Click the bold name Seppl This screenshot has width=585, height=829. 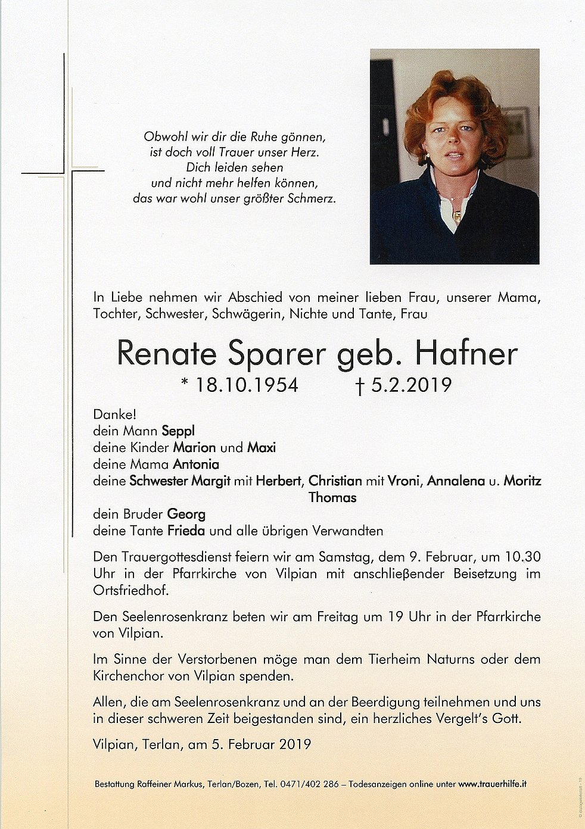pyautogui.click(x=182, y=431)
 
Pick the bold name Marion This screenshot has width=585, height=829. pyautogui.click(x=194, y=448)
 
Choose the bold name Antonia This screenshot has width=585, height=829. pyautogui.click(x=196, y=464)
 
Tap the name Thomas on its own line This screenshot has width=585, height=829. pyautogui.click(x=332, y=497)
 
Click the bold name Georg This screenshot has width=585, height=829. pyautogui.click(x=186, y=514)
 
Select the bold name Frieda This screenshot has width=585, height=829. pyautogui.click(x=186, y=531)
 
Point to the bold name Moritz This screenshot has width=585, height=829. pyautogui.click(x=522, y=481)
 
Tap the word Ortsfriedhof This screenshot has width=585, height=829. pyautogui.click(x=130, y=591)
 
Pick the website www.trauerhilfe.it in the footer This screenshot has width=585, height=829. pyautogui.click(x=492, y=784)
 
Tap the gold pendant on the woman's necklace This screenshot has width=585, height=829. pyautogui.click(x=457, y=214)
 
